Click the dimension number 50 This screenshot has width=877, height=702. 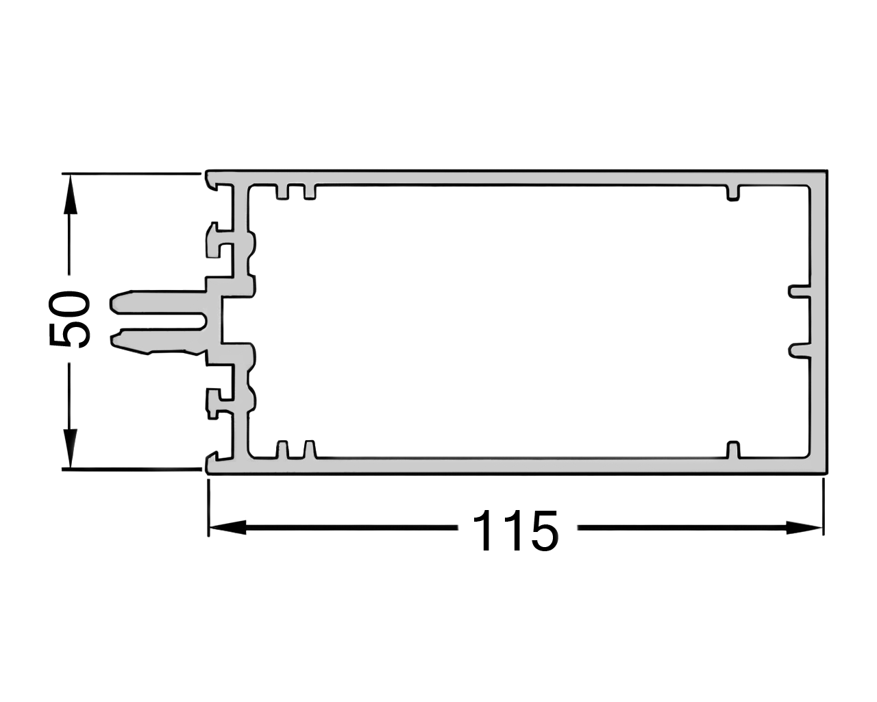(x=69, y=319)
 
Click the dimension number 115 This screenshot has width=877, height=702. (x=515, y=530)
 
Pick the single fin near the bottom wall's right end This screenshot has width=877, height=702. (x=733, y=449)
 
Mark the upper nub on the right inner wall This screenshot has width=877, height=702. (x=798, y=291)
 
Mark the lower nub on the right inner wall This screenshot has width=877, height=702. (x=798, y=350)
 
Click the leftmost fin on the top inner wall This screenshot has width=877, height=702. (x=282, y=192)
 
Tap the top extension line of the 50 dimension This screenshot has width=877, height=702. (x=130, y=173)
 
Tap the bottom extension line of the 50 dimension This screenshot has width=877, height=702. (x=130, y=470)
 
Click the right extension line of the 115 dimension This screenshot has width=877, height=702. (x=823, y=507)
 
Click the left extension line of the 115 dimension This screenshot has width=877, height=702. (x=208, y=507)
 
